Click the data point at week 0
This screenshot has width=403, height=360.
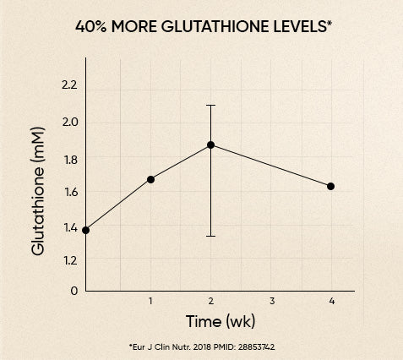(86, 230)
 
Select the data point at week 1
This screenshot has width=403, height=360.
(150, 179)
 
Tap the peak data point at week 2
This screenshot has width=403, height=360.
(210, 145)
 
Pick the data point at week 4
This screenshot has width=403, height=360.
(330, 186)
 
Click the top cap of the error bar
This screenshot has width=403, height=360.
(210, 106)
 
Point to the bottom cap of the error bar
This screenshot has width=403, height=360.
(210, 236)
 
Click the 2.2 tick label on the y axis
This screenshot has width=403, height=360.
(68, 85)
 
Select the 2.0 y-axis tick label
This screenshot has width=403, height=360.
(68, 122)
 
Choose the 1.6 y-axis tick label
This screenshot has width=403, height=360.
(68, 192)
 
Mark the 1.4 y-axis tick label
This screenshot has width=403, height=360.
(68, 227)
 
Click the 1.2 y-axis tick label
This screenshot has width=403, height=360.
(68, 262)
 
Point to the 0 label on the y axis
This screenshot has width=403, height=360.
(74, 290)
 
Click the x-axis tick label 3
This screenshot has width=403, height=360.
(272, 301)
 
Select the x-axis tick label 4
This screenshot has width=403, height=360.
(332, 301)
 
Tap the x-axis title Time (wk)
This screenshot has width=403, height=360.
(221, 322)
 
